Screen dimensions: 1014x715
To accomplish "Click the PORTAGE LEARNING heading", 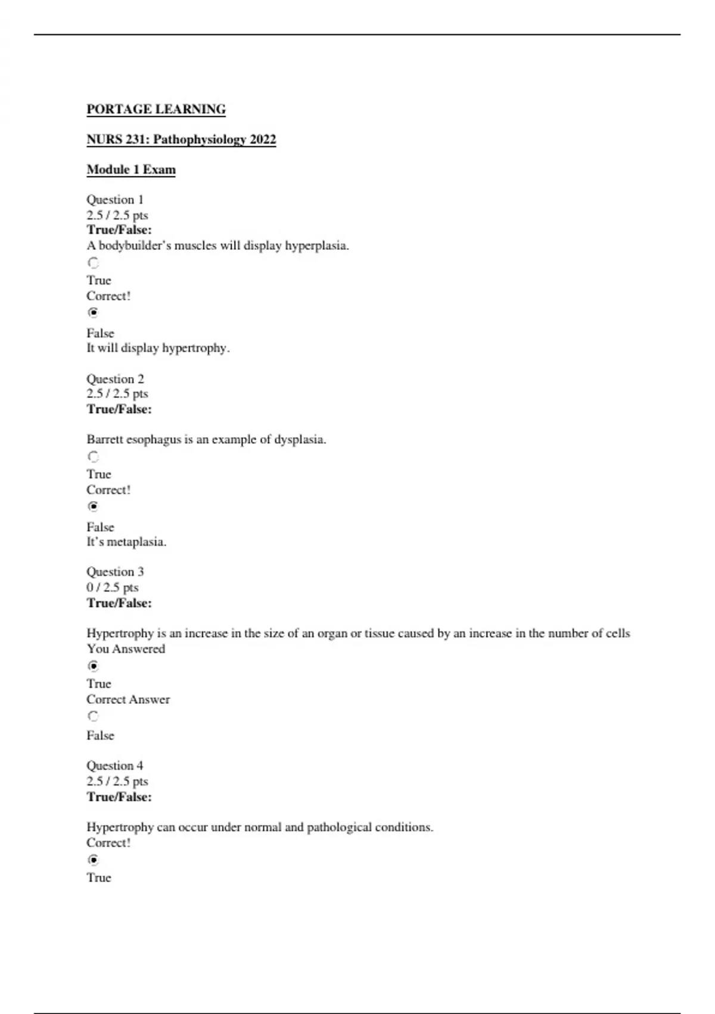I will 156,109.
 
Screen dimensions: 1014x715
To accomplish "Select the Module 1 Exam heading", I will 131,169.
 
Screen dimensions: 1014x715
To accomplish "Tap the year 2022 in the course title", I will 263,140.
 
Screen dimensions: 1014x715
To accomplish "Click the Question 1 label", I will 115,200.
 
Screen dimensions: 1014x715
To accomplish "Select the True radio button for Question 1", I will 94,263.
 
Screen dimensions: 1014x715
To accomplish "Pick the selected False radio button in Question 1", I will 94,313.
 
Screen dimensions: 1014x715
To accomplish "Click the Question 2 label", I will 115,379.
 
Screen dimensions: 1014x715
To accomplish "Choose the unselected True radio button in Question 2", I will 94,457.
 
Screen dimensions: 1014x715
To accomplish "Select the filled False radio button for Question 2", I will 94,506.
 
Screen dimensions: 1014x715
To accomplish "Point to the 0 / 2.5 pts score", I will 113,588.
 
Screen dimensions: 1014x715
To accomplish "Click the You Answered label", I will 126,649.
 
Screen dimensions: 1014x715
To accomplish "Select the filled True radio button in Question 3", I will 94,666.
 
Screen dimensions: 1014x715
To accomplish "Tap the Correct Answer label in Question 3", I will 128,700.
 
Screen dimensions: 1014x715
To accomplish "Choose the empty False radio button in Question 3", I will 94,716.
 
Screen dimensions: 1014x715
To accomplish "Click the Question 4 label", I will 115,766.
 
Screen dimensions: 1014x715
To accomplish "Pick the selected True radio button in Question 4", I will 94,860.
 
